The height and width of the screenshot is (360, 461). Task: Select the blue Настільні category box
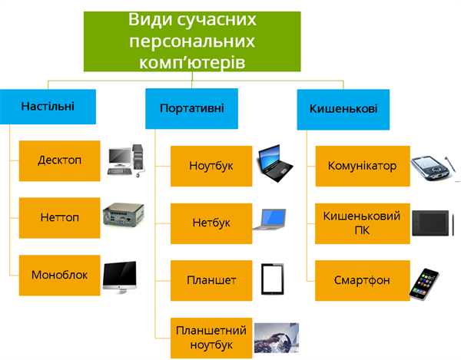48,105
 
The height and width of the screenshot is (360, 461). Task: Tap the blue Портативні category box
191,108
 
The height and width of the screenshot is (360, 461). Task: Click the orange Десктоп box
59,161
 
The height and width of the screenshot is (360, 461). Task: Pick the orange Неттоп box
59,218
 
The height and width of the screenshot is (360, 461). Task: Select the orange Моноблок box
59,274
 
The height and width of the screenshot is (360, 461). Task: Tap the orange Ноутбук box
210,166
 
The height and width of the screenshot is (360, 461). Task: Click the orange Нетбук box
210,223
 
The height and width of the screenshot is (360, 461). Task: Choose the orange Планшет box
210,281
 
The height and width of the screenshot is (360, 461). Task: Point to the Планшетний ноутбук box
210,338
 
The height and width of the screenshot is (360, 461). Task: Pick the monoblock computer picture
120,276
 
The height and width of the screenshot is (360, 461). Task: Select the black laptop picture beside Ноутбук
276,161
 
